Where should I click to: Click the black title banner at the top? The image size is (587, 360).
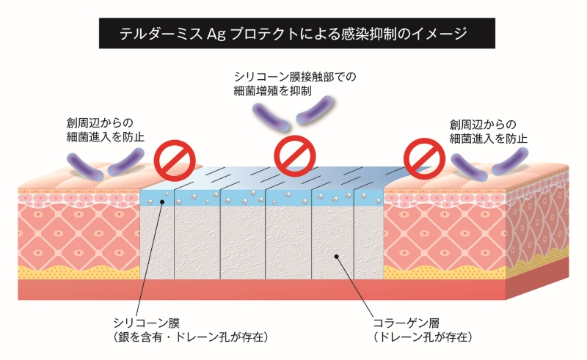[293, 34]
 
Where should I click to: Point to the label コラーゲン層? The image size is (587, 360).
[404, 323]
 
